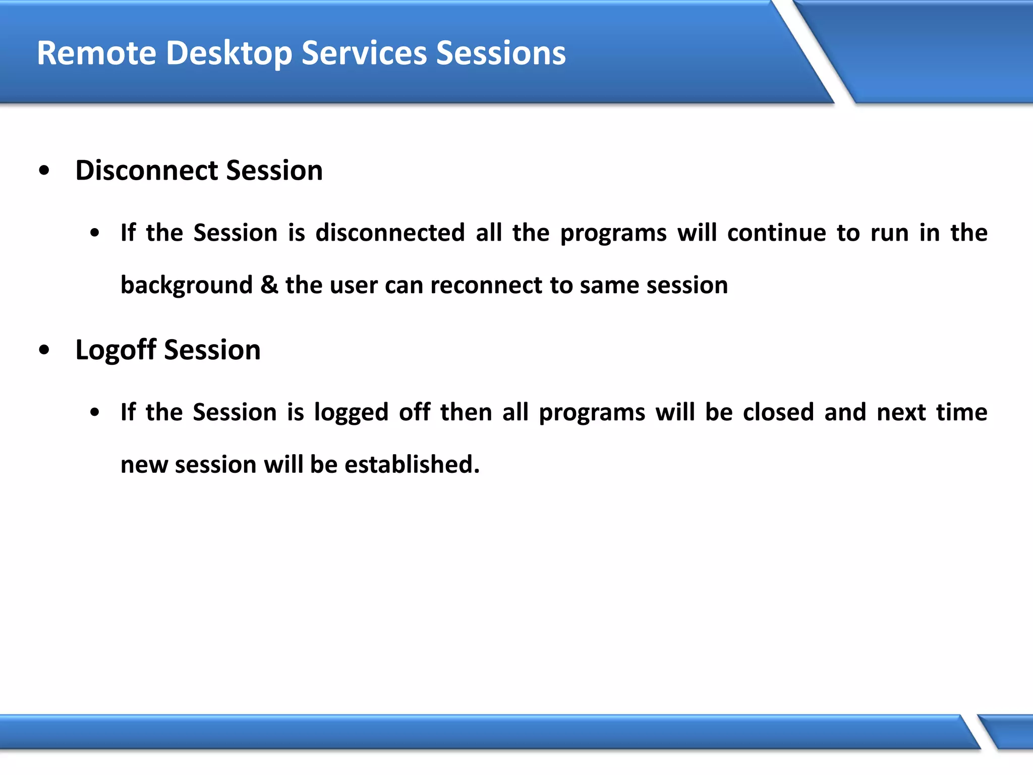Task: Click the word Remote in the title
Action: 96,53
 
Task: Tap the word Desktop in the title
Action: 229,53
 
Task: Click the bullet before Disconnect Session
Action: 44,171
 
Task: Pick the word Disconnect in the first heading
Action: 146,170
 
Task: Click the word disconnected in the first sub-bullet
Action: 390,233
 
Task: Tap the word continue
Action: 777,233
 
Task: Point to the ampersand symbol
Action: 269,285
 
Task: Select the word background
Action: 187,286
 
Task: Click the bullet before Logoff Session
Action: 44,350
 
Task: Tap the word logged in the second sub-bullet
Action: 351,413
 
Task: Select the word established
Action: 412,464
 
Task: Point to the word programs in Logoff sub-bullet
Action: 592,413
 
